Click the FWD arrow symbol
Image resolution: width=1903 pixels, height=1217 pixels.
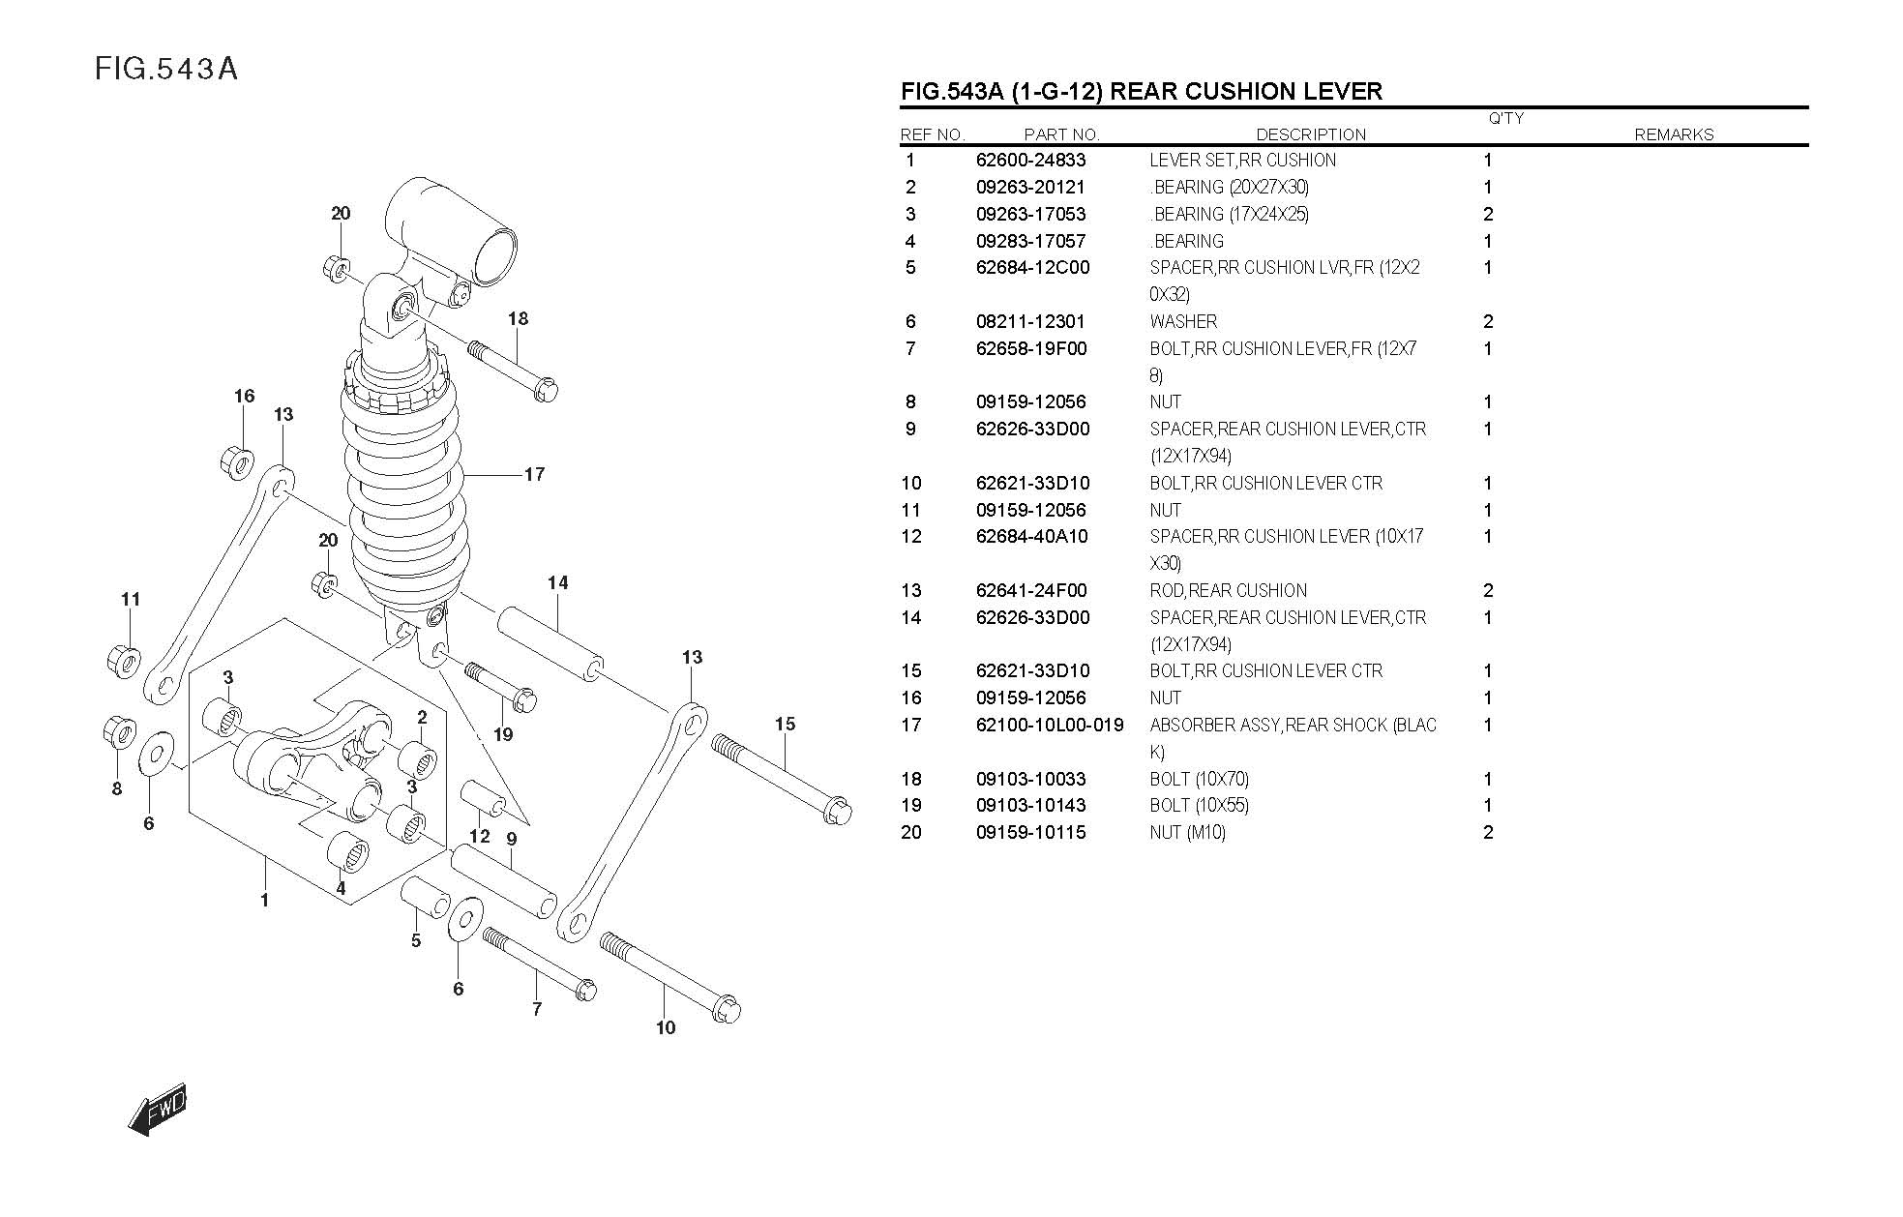157,1110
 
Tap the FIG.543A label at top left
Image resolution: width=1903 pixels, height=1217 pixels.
165,69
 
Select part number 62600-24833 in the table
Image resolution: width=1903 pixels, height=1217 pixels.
1030,161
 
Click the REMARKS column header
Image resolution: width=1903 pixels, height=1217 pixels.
1674,135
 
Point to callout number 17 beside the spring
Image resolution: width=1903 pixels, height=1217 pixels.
534,474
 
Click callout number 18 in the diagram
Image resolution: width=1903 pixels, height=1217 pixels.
518,318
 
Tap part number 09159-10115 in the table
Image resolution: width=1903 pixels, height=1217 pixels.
1030,833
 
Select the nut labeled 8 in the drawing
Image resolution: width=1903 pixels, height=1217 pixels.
118,732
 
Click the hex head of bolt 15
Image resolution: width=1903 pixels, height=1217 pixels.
836,811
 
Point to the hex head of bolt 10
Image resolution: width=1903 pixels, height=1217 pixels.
725,1010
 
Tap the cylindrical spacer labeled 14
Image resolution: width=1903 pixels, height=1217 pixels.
550,644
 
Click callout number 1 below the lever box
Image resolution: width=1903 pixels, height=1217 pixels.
264,901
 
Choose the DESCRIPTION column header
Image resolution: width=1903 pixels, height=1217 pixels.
1311,135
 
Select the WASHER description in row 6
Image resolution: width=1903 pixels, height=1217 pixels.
1183,322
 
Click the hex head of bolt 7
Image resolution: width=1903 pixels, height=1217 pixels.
584,990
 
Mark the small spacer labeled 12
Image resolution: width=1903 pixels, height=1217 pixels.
483,799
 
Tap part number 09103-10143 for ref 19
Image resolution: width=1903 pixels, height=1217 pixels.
1030,806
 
